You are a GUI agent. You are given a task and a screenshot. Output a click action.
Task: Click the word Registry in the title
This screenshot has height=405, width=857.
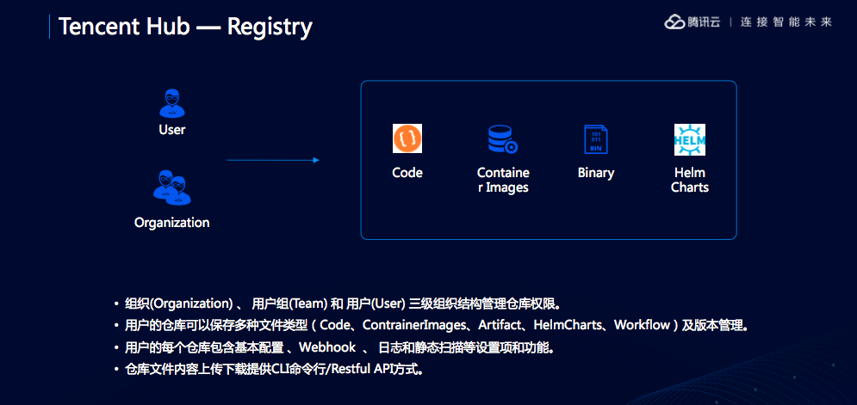(270, 27)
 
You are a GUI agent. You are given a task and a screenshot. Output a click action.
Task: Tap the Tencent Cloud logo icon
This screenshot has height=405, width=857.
(674, 22)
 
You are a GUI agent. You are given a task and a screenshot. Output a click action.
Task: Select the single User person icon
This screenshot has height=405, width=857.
(172, 102)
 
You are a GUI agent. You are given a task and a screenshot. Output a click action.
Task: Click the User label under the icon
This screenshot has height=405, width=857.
(172, 130)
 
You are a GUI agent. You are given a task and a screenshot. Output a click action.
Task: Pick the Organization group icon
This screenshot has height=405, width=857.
(172, 188)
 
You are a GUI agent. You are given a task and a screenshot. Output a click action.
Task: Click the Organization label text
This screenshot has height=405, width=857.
(172, 223)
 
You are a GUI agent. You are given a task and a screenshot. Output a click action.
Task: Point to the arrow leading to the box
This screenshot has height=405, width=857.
(273, 160)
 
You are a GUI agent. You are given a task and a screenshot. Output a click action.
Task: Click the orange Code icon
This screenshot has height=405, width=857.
(407, 138)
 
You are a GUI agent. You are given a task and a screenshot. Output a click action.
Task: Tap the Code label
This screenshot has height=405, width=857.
(407, 173)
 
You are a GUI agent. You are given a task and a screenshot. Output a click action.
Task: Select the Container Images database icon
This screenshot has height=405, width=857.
(502, 139)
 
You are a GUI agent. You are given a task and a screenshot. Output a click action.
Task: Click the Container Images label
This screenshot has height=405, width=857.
(503, 180)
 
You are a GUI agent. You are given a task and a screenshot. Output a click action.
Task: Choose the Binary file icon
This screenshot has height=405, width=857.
(595, 139)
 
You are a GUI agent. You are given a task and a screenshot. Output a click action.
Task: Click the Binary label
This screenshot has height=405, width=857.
(596, 173)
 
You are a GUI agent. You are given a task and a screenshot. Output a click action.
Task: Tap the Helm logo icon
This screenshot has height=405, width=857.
(690, 139)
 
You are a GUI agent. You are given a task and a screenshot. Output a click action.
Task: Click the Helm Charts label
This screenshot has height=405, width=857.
(690, 180)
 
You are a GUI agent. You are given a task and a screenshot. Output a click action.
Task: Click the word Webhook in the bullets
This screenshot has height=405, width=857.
(329, 348)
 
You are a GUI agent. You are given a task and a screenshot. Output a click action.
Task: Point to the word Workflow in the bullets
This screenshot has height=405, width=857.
(642, 326)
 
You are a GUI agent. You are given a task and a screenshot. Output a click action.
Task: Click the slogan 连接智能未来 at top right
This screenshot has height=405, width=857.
(786, 22)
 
